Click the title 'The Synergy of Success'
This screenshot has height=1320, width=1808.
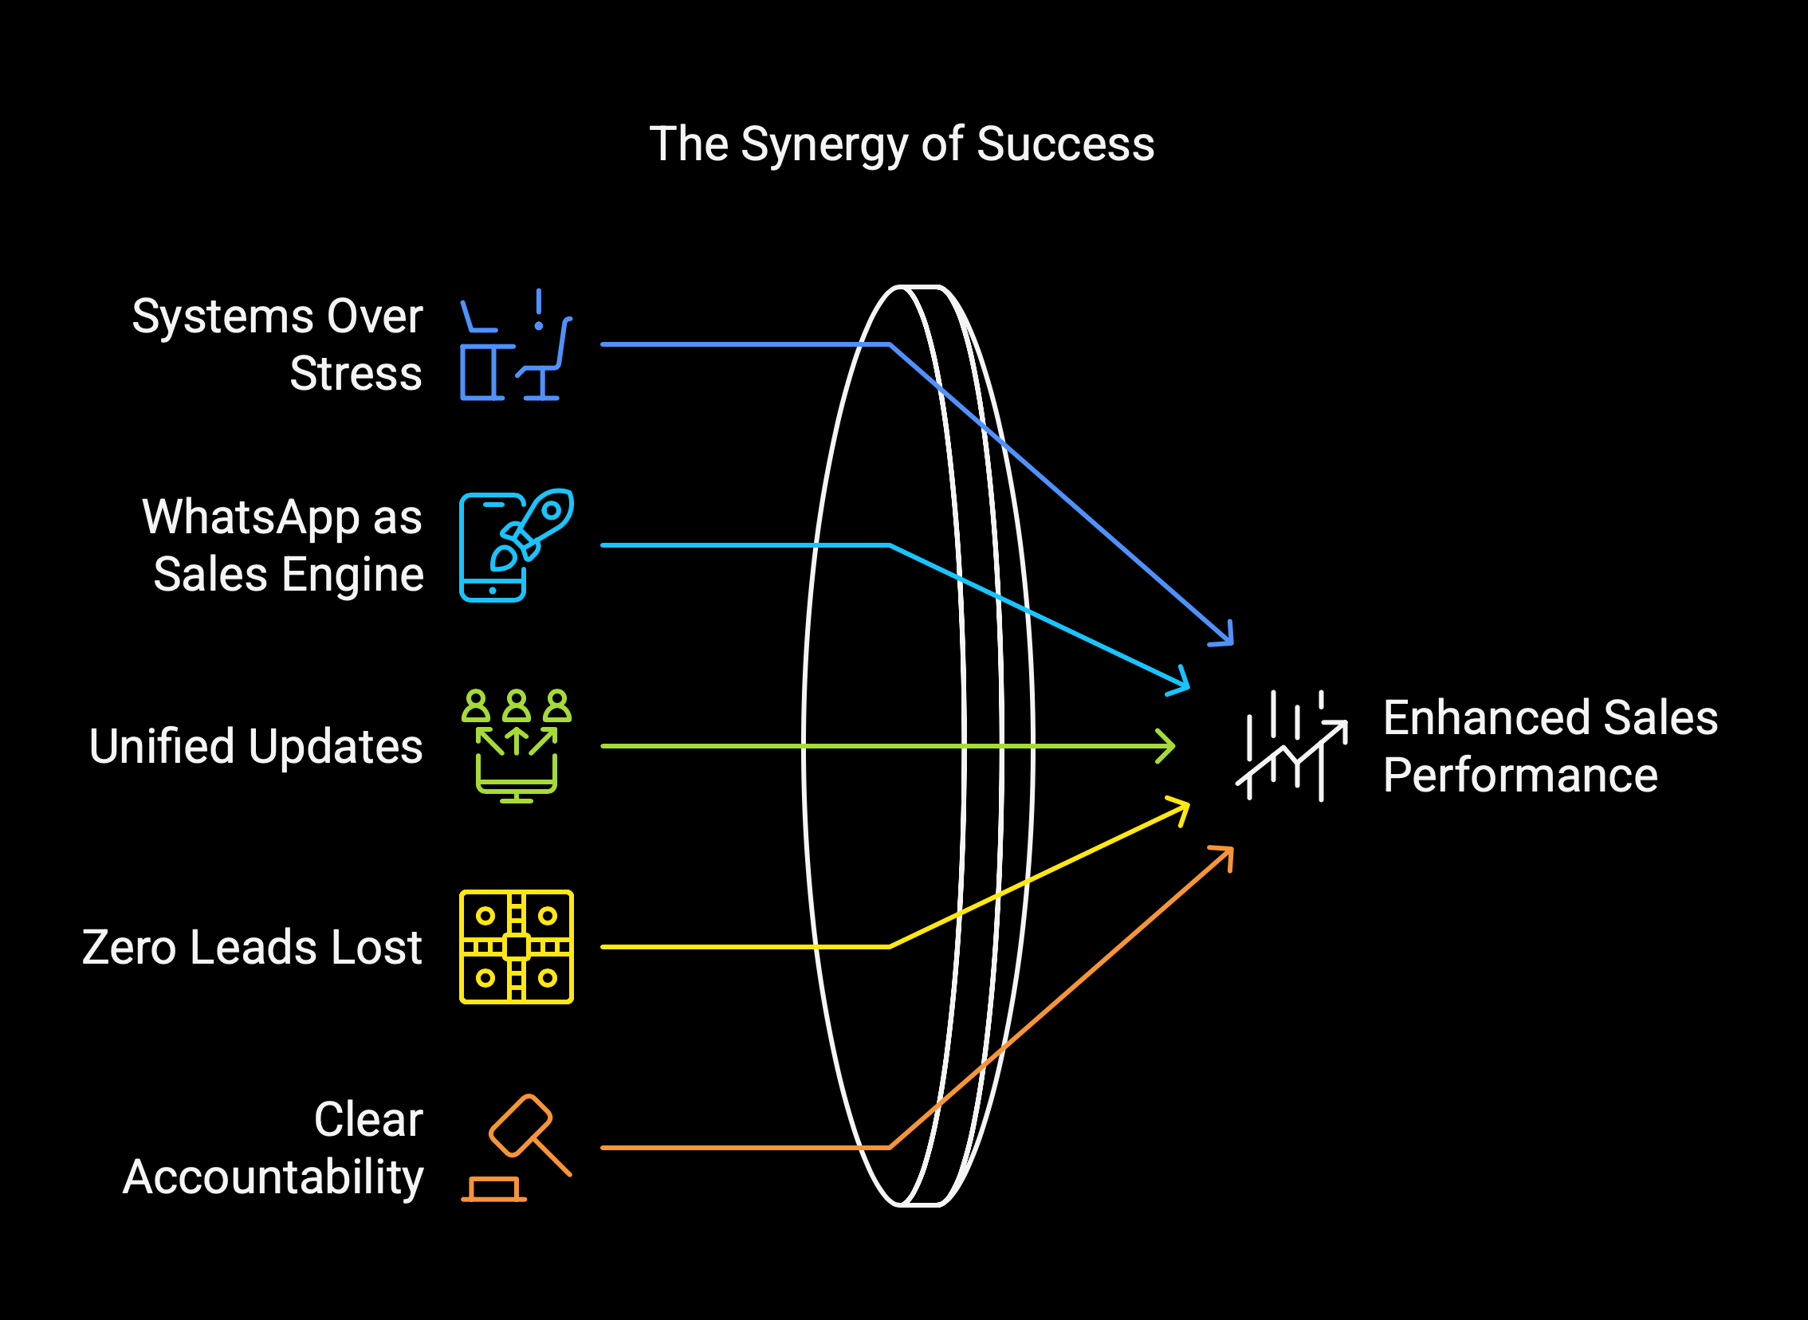[901, 144]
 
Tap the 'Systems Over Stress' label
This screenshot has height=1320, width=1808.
[277, 344]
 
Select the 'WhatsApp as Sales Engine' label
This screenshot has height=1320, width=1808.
[282, 545]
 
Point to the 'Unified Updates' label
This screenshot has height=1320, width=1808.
[256, 746]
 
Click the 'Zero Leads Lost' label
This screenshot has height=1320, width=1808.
[252, 947]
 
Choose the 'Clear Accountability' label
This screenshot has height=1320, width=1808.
[273, 1147]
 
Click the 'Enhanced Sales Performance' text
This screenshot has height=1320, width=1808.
[1550, 746]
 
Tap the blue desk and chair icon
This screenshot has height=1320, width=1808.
[516, 345]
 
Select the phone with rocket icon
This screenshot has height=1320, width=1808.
[516, 545]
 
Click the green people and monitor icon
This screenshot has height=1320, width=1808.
[516, 745]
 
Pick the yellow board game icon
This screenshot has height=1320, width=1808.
[516, 947]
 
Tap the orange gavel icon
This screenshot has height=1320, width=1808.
[516, 1147]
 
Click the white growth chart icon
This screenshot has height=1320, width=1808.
[1292, 745]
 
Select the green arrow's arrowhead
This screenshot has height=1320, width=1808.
[1168, 746]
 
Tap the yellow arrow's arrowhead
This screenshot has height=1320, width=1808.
[1183, 807]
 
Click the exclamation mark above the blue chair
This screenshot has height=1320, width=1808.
[539, 310]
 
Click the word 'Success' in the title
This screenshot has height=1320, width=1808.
[1065, 144]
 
